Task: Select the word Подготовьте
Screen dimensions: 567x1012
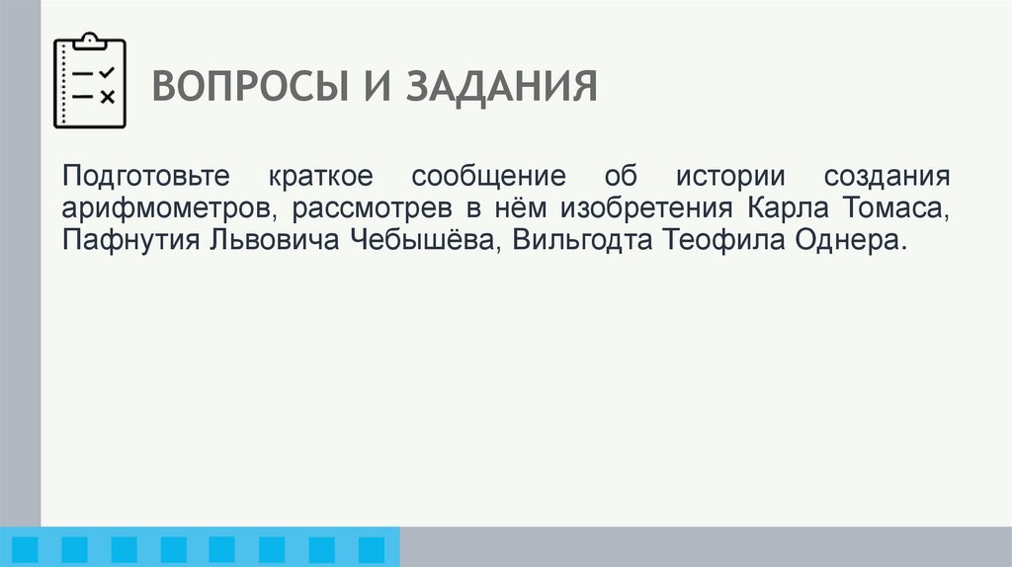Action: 144,179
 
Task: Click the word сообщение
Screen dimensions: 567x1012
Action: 489,179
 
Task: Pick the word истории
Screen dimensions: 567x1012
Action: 727,179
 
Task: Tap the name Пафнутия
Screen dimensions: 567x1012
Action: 129,242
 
